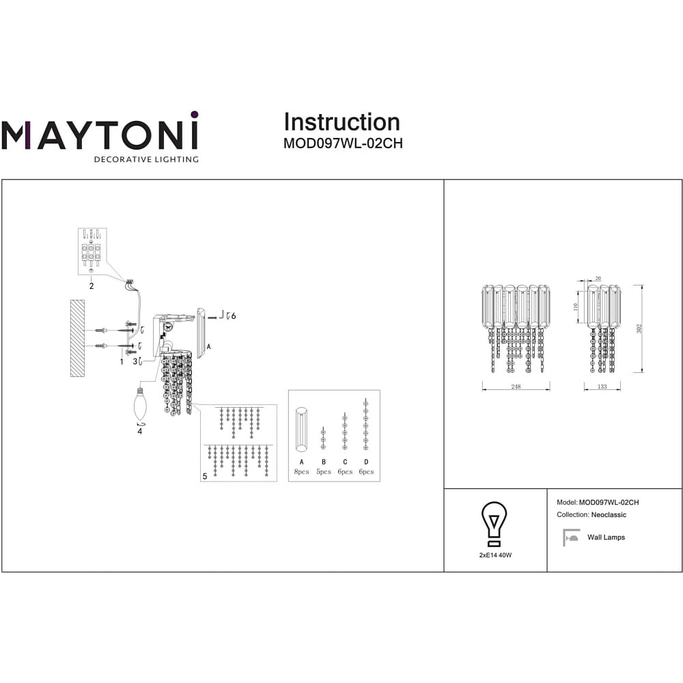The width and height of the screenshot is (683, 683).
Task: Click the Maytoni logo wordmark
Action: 100,130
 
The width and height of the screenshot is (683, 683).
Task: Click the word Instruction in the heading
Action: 342,122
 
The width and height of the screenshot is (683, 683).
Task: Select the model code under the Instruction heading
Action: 343,143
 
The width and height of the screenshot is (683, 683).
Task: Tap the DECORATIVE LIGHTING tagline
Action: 146,159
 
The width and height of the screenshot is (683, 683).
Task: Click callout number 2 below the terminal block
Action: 92,286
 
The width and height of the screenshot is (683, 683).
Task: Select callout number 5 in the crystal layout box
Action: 205,476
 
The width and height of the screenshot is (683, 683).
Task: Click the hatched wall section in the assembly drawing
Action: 78,337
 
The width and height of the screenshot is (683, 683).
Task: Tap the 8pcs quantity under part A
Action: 301,472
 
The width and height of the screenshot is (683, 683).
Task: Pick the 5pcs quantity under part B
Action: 324,472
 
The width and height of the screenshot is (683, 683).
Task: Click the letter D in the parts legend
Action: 366,462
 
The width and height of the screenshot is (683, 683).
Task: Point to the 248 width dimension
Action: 516,387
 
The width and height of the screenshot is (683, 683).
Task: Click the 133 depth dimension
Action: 602,387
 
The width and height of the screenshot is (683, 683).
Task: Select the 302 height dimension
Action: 639,329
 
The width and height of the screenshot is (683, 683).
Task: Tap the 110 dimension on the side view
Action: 575,307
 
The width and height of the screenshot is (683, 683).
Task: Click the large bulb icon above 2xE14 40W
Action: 494,524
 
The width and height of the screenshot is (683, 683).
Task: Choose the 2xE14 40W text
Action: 495,555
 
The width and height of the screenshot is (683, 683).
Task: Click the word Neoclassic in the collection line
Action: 609,515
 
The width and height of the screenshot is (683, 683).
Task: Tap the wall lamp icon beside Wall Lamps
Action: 570,538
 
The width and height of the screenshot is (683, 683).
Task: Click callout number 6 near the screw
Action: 234,316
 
